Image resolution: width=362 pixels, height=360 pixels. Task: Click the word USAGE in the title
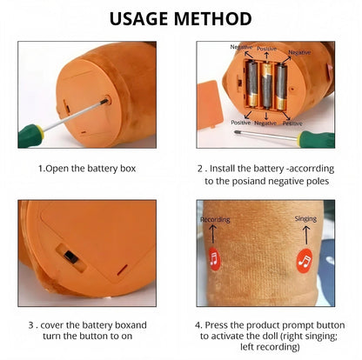coord(139,19)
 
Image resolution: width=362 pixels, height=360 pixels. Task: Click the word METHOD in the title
coord(212,19)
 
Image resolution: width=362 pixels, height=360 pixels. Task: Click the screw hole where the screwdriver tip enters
coord(107,101)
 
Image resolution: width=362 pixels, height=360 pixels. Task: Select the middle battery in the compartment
coord(266,86)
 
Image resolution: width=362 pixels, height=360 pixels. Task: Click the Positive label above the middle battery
coord(266,49)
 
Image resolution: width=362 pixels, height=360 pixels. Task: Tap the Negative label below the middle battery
coord(265,123)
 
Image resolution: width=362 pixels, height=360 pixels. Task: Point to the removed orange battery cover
coord(210,105)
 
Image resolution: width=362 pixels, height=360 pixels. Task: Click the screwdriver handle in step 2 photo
coord(317,139)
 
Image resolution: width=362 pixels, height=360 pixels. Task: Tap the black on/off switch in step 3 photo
coord(70,257)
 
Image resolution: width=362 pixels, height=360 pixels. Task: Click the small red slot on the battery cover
coord(122,270)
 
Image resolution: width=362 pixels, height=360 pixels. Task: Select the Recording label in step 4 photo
coord(215,219)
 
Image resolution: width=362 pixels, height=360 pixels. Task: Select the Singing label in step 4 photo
coord(305,218)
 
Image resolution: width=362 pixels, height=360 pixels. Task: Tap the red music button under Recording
coord(214,259)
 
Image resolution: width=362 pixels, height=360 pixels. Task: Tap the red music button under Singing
coord(305,261)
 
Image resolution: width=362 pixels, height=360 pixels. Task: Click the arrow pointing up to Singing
coord(306,235)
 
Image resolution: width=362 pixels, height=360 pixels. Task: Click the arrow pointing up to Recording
coord(212,234)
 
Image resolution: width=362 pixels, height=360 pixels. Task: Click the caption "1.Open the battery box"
coord(87,169)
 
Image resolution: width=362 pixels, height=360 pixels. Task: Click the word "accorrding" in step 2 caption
coord(311,169)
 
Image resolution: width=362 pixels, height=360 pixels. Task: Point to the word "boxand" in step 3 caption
coord(131,325)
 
